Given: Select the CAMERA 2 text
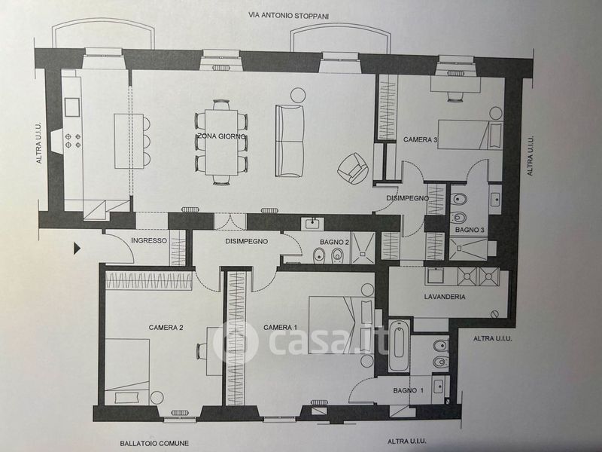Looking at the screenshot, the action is pos(166,327).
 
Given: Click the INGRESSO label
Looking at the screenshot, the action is pos(147,241).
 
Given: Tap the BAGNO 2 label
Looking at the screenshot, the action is pos(334,242).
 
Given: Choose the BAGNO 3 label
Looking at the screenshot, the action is pos(468,229).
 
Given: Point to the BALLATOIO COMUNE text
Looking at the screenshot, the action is pos(154,443).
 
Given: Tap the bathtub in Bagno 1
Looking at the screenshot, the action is pos(399,346).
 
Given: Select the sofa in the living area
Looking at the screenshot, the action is pos(290,142).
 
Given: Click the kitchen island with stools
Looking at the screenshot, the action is pos(122,140).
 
